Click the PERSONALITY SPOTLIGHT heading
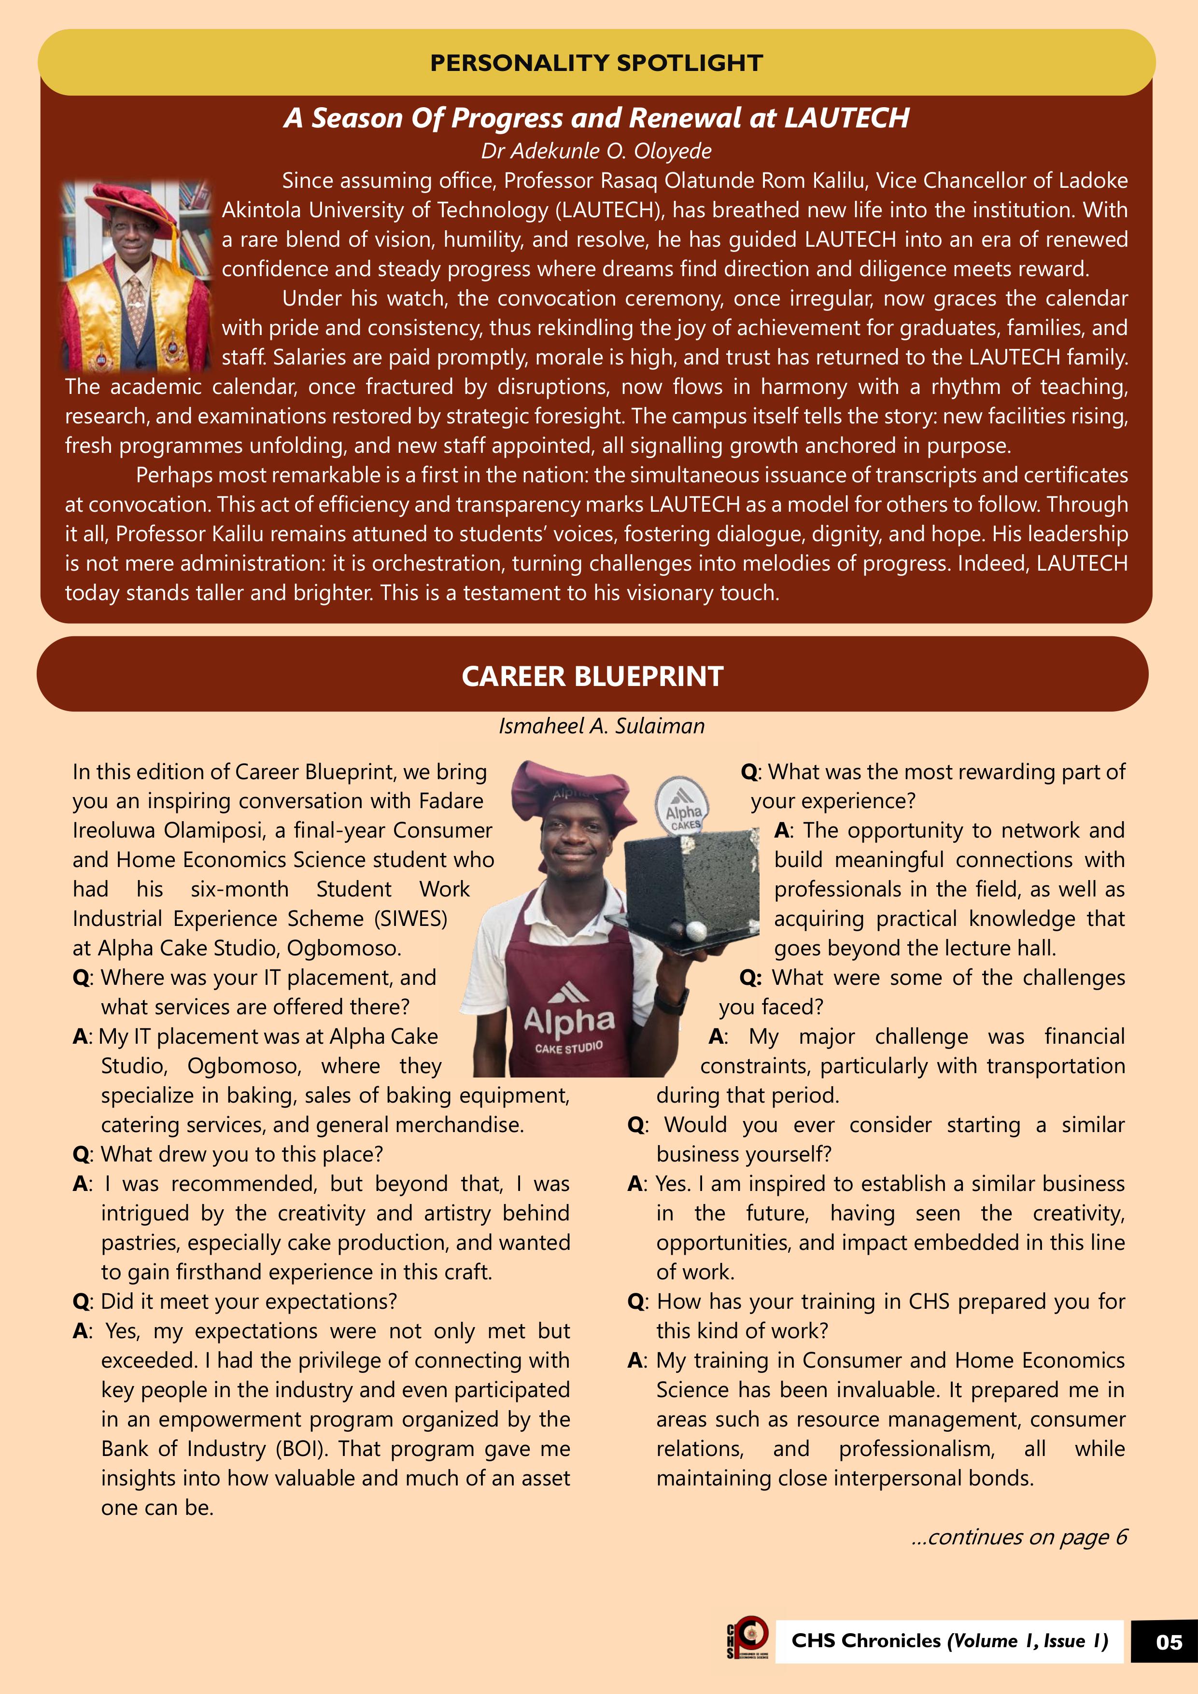click(596, 63)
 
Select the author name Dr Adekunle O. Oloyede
click(596, 151)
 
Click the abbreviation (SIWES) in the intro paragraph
click(411, 919)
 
